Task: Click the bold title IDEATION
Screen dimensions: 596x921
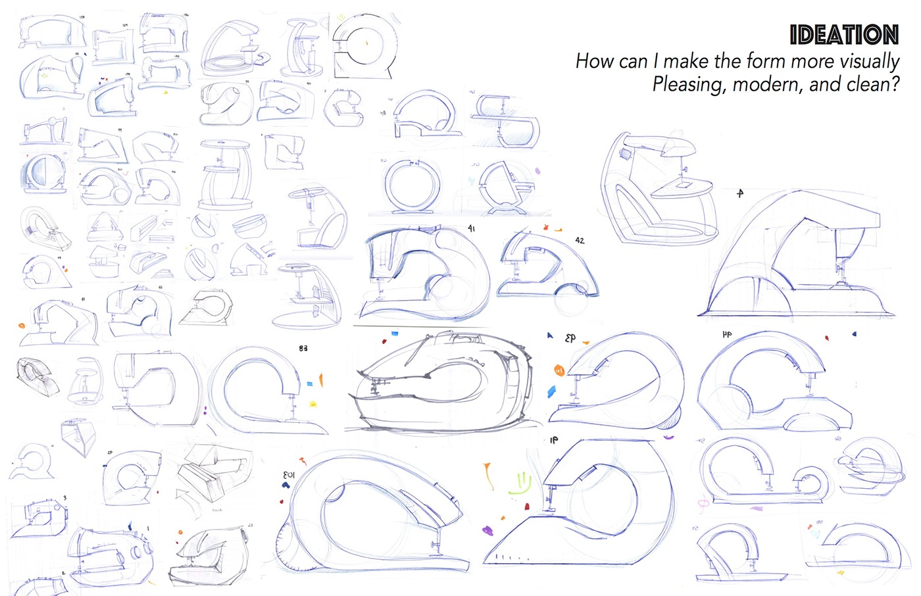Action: (x=844, y=34)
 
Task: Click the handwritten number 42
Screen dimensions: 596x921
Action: (x=580, y=241)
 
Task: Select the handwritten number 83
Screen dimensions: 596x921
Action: (x=303, y=348)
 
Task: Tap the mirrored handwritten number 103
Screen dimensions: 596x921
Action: (x=289, y=475)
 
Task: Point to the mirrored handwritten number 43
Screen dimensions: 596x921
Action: (x=570, y=338)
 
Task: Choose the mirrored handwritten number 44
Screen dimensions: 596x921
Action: (x=727, y=335)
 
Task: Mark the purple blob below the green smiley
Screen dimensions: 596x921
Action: (x=487, y=530)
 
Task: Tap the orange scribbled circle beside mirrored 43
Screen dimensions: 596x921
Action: (x=559, y=370)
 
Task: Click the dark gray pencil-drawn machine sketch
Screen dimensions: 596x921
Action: (x=441, y=382)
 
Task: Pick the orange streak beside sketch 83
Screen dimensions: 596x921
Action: (x=321, y=380)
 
